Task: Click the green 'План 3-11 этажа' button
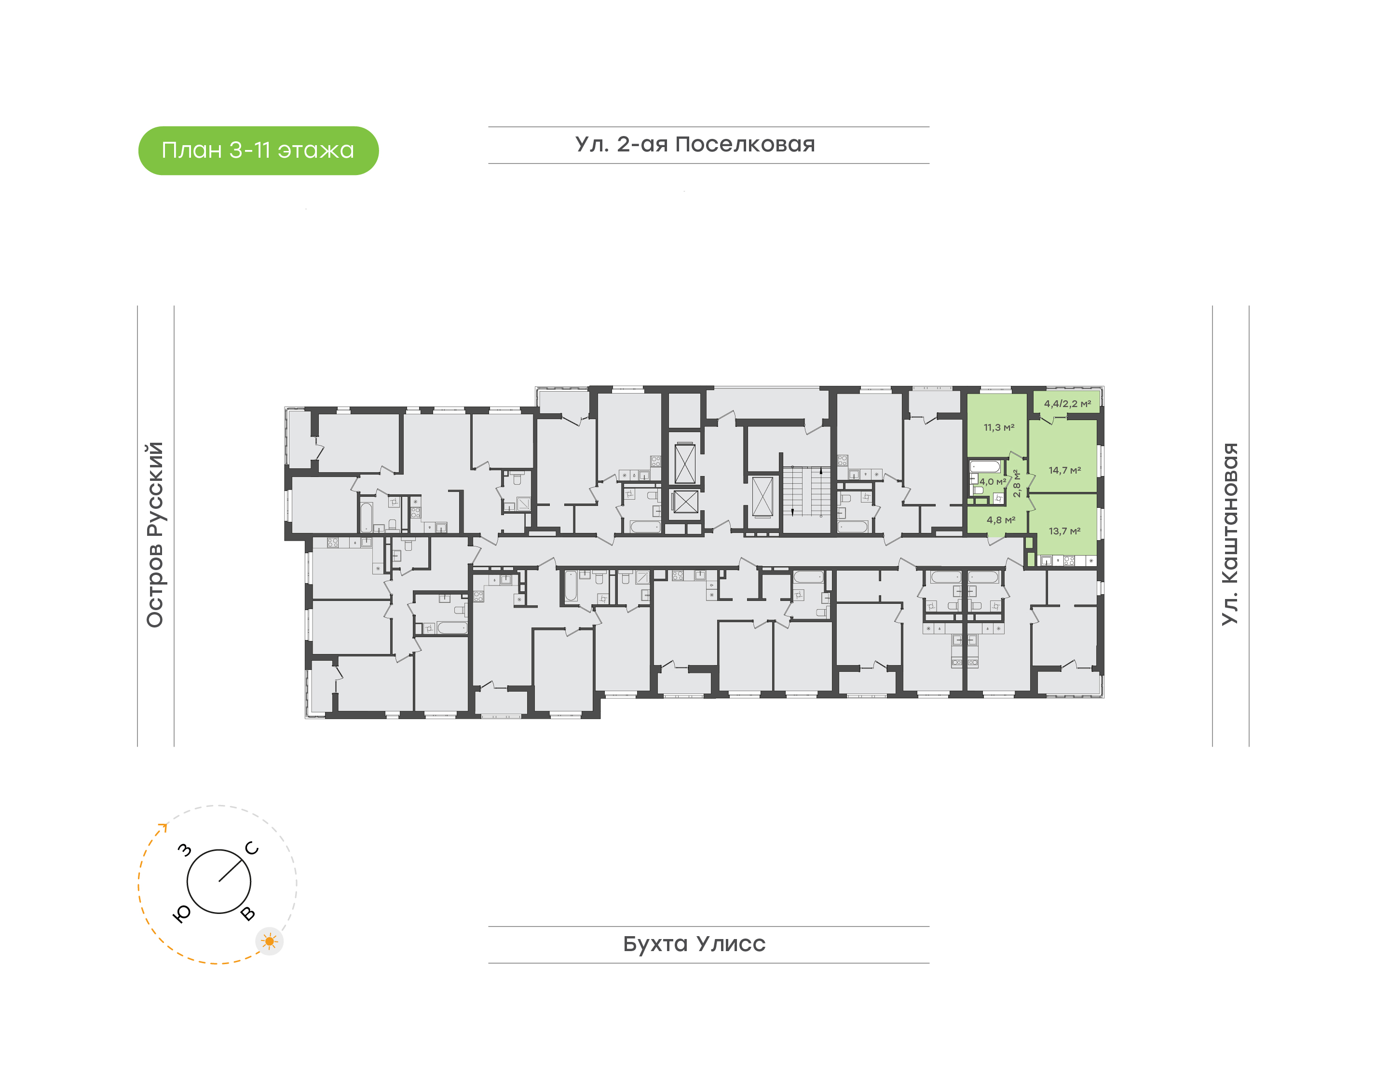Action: coord(259,150)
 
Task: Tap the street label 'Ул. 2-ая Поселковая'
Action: coord(695,144)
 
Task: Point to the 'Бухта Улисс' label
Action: coord(694,944)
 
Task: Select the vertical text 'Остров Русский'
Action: coord(155,535)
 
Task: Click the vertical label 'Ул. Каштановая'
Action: coord(1229,534)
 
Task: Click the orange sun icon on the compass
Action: coord(269,941)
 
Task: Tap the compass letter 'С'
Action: coord(252,848)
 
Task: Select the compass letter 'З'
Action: coord(184,850)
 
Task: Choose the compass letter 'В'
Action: coord(248,914)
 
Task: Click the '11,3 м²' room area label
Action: coord(998,428)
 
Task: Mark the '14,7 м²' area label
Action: coord(1065,470)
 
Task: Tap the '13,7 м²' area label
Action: coord(1065,531)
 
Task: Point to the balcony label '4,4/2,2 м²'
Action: coord(1067,403)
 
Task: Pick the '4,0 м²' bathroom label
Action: coord(993,482)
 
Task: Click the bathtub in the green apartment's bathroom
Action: coord(985,466)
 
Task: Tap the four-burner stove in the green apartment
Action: coord(1069,561)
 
